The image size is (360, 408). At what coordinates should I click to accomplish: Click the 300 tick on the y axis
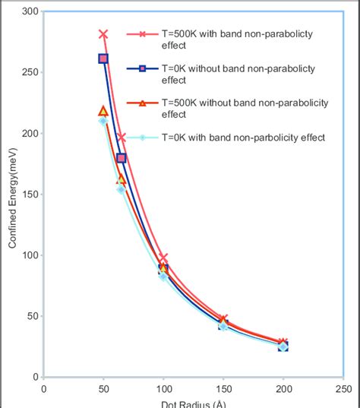tap(30, 11)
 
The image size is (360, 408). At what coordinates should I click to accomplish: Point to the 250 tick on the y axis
tap(30, 73)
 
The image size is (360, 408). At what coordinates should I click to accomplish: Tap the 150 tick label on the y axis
tap(30, 195)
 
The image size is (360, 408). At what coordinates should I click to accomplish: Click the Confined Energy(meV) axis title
tap(13, 195)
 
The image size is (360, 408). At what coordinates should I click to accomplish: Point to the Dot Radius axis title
tap(193, 403)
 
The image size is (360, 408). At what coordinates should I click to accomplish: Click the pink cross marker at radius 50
tap(103, 34)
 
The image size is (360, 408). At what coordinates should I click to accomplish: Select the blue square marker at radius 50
tap(103, 59)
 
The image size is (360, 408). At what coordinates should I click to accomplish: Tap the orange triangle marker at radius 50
tap(103, 111)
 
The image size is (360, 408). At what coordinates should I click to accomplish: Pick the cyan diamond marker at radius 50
tap(103, 121)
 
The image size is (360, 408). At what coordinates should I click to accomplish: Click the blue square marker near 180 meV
tap(122, 158)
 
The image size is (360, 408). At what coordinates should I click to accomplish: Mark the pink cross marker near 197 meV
tap(122, 138)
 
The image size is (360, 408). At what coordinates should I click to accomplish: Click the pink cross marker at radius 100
tap(163, 258)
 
